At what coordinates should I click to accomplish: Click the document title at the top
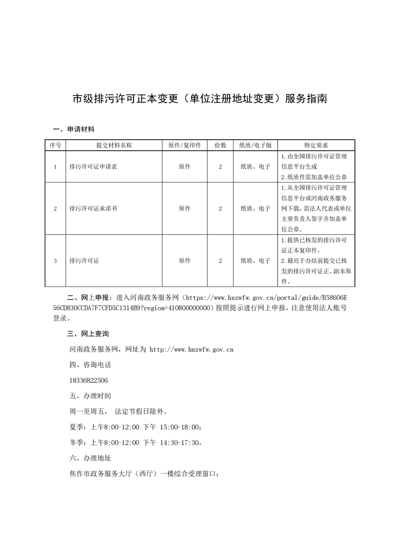pos(200,98)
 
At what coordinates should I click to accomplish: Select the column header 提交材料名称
pos(114,145)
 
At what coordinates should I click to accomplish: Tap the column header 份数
pos(220,145)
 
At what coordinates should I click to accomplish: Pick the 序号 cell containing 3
pos(55,261)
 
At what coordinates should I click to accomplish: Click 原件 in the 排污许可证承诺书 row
pos(184,209)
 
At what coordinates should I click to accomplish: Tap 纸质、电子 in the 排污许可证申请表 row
pos(255,167)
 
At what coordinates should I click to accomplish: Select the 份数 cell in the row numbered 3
pos(220,261)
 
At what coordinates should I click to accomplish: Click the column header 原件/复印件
pos(184,145)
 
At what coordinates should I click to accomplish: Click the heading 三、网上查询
pos(87,333)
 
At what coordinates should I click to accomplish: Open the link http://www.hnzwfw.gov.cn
pos(192,349)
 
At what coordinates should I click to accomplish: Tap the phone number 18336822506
pos(89,380)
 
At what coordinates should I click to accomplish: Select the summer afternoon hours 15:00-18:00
pos(181,427)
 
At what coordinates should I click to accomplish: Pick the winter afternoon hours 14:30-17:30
pos(181,442)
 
